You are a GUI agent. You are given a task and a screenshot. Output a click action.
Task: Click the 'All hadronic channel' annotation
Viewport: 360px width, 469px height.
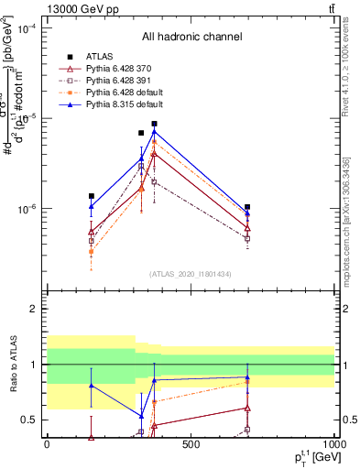pos(191,38)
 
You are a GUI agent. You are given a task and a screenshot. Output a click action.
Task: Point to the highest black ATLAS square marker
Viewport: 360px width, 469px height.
pos(155,124)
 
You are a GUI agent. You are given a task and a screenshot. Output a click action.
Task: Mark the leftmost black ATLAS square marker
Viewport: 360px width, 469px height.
pos(91,196)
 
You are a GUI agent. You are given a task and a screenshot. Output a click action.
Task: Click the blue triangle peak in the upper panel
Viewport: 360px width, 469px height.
pos(155,132)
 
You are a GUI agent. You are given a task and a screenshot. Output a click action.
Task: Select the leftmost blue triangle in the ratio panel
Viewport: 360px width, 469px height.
pos(91,386)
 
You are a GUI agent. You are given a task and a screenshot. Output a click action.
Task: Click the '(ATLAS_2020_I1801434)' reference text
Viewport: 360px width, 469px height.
pos(191,274)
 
